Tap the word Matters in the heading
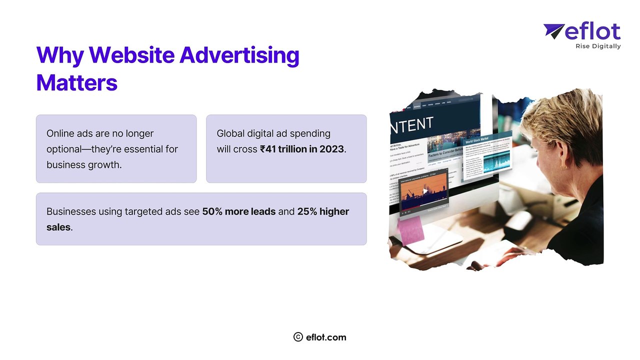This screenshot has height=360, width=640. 76,82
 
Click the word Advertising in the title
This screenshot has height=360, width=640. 239,56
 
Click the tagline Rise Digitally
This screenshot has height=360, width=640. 598,46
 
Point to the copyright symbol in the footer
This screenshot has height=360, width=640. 298,337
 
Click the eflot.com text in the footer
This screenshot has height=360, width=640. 326,337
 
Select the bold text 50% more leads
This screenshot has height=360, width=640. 238,211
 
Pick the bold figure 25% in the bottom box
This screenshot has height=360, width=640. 308,211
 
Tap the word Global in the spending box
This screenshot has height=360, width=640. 231,133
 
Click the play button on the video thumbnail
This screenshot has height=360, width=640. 425,191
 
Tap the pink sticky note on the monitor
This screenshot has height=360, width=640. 411,230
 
